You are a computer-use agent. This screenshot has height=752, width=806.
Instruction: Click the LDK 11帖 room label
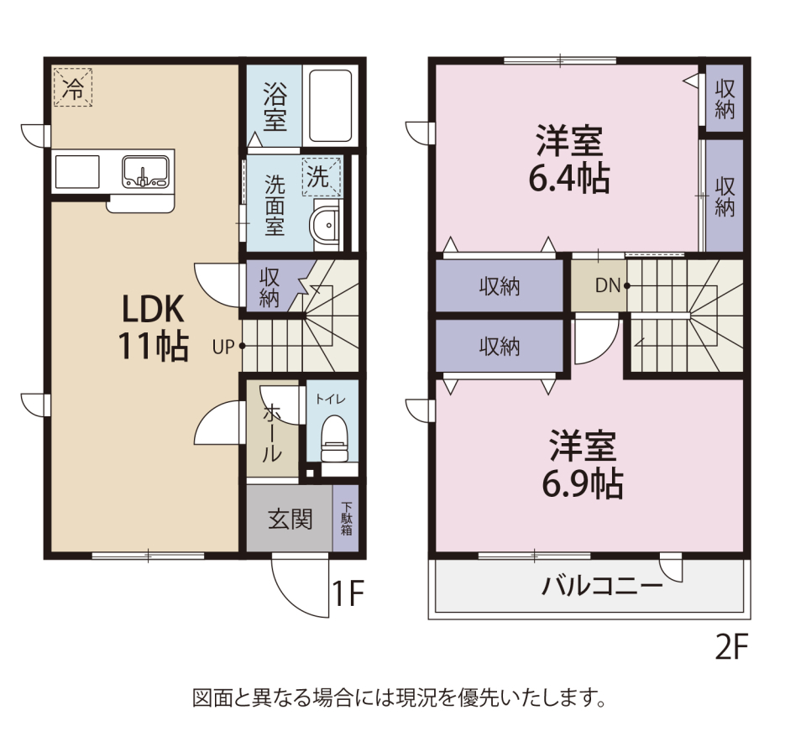pyautogui.click(x=154, y=327)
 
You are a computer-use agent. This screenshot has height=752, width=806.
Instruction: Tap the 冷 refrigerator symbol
pyautogui.click(x=74, y=87)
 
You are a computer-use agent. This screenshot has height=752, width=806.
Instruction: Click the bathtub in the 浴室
pyautogui.click(x=329, y=107)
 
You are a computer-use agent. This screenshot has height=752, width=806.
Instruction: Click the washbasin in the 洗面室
pyautogui.click(x=325, y=226)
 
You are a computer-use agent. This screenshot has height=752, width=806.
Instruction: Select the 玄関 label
pyautogui.click(x=290, y=519)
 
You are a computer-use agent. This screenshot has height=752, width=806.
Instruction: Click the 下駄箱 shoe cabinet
pyautogui.click(x=347, y=519)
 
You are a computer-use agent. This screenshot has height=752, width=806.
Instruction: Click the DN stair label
pyautogui.click(x=608, y=285)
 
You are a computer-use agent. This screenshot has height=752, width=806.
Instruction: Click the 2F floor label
pyautogui.click(x=730, y=647)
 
